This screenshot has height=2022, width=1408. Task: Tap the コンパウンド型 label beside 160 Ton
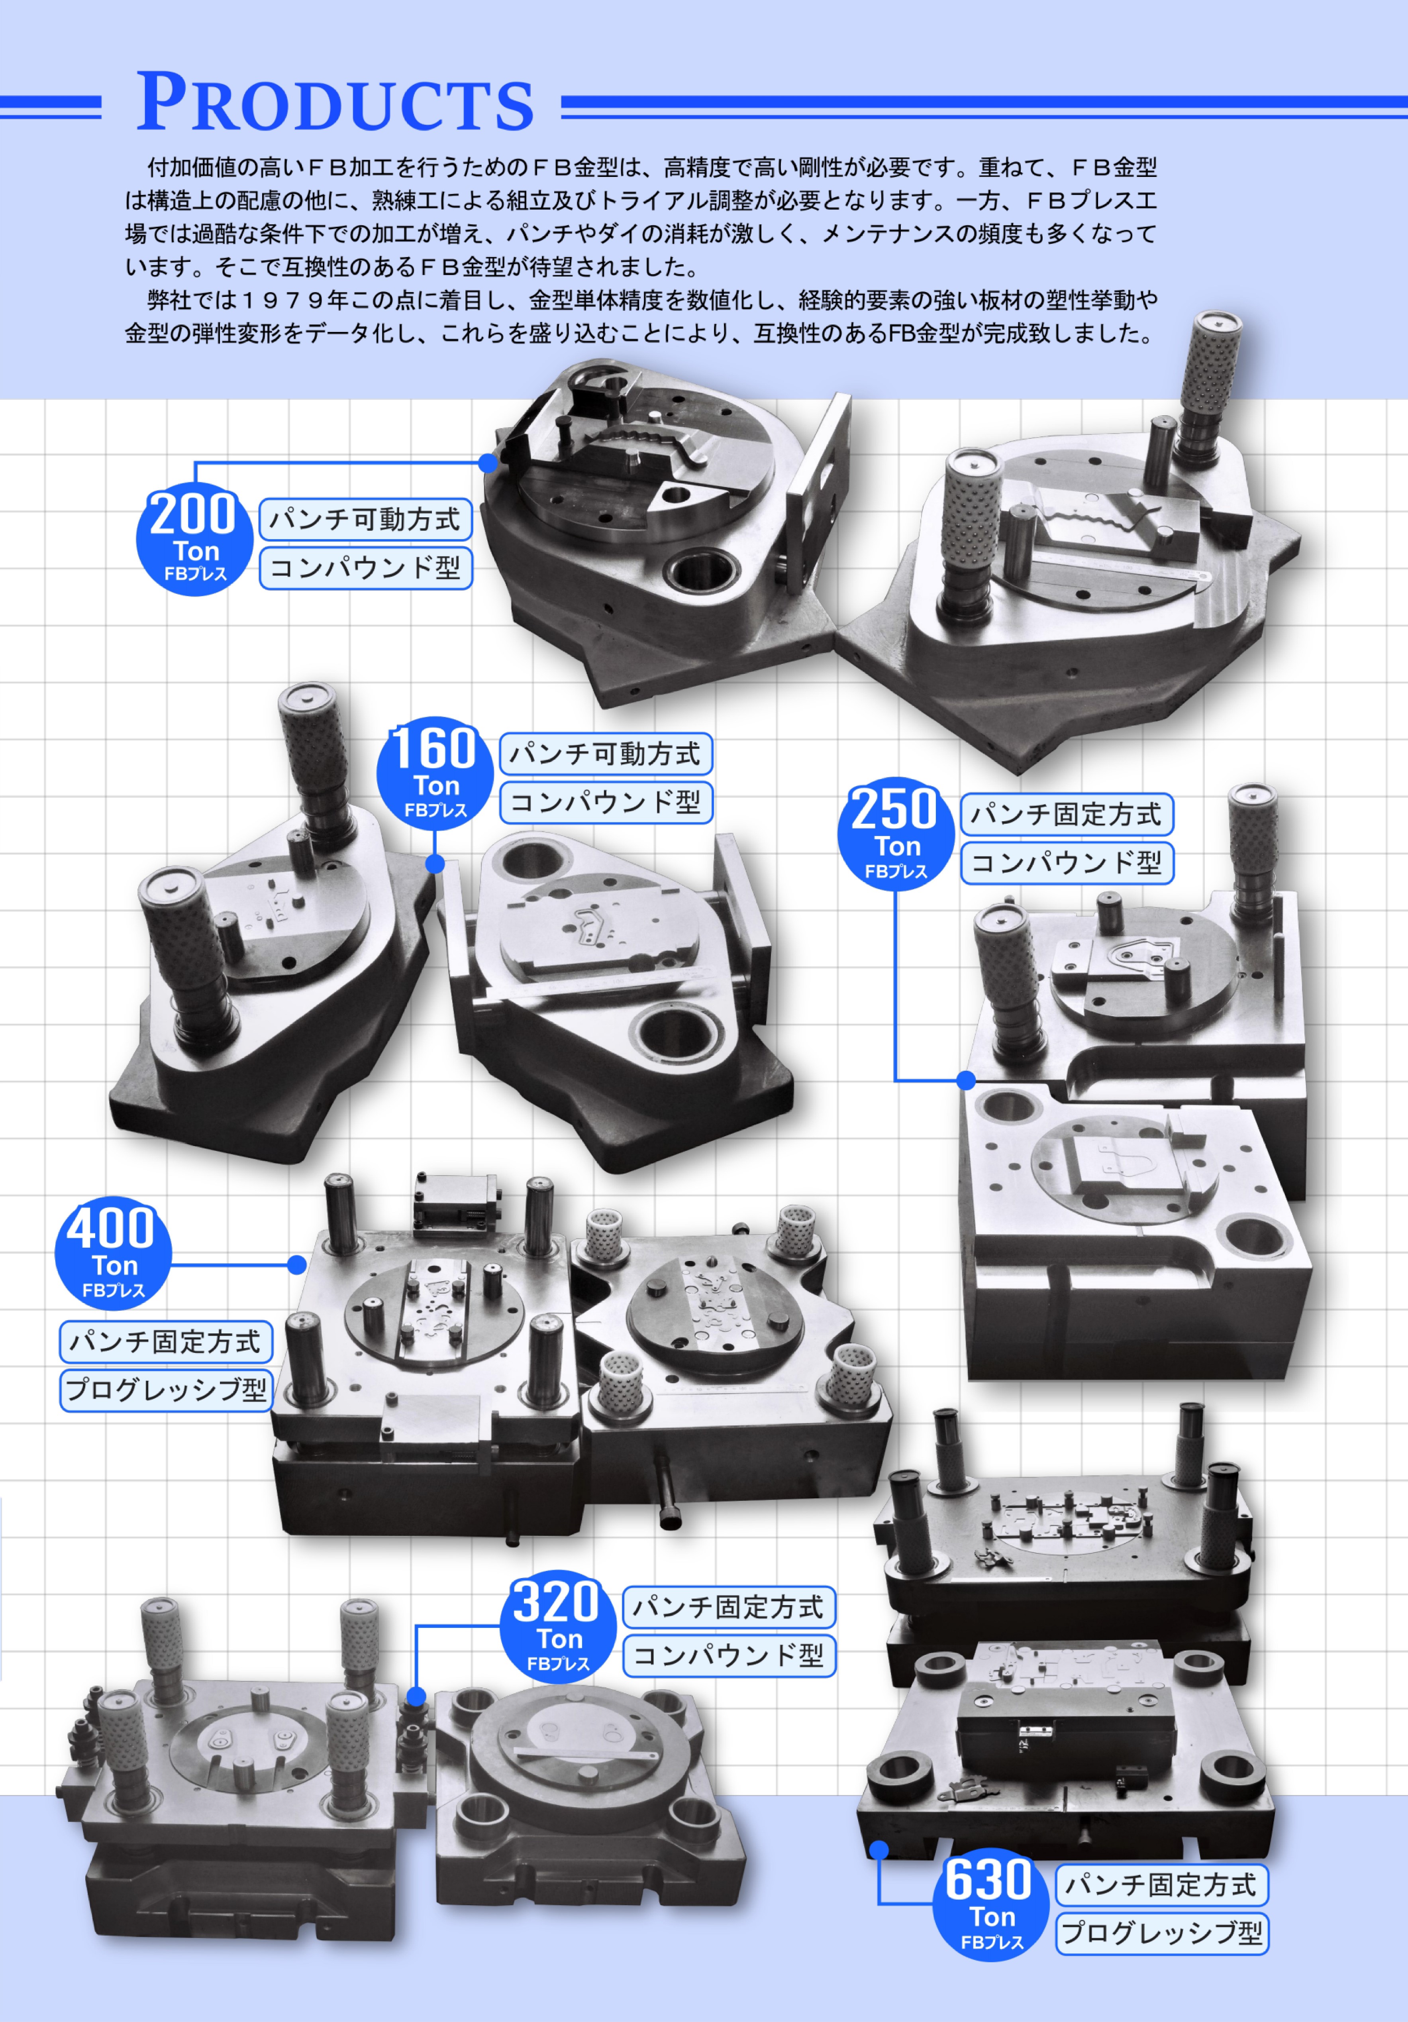606,802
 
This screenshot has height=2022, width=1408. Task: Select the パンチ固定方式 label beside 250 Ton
1066,815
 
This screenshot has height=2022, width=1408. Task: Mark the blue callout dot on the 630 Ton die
879,1849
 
